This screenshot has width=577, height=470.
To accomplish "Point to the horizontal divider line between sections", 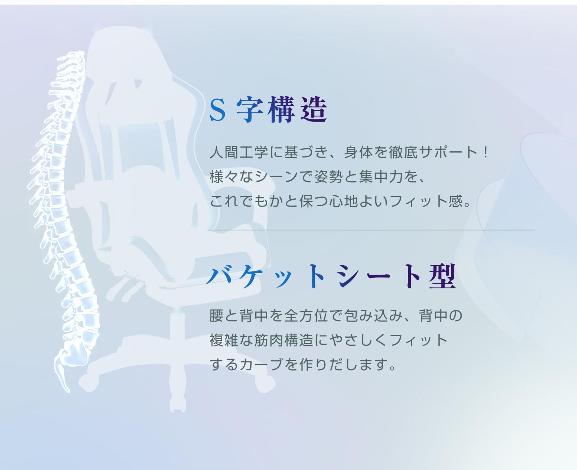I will [x=371, y=230].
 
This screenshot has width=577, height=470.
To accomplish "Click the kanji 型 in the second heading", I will [x=442, y=277].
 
